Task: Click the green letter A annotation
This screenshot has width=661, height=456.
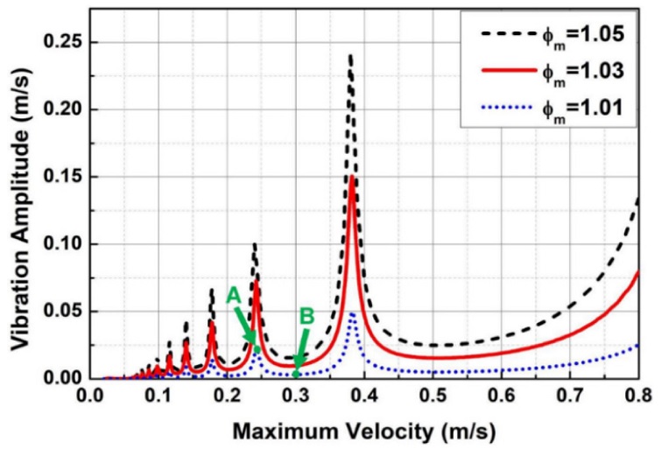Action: tap(233, 297)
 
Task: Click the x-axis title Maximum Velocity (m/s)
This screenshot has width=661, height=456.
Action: tap(362, 432)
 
